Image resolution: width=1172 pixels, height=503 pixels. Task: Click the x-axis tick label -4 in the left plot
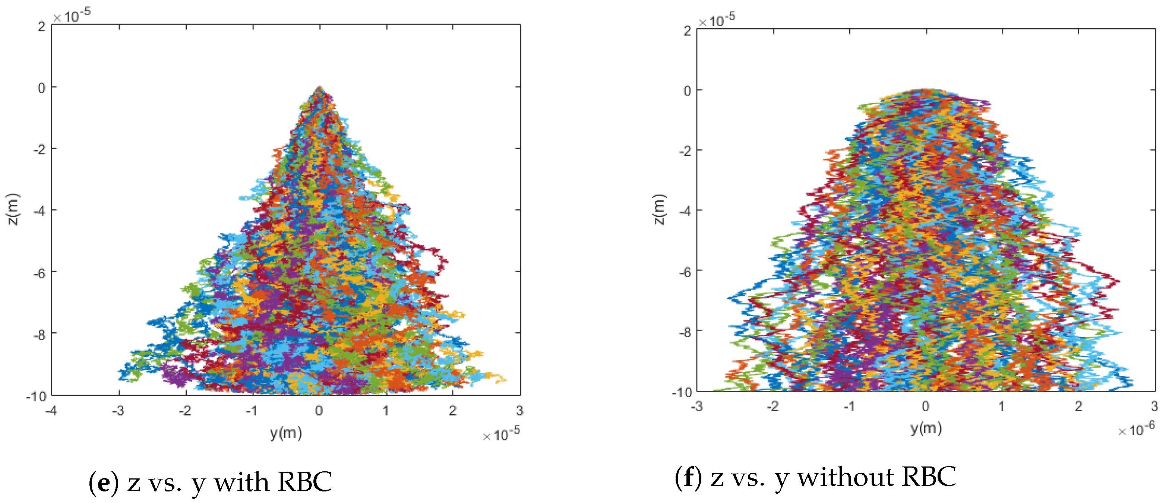pos(51,411)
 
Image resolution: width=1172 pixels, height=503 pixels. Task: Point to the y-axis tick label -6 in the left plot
pos(39,273)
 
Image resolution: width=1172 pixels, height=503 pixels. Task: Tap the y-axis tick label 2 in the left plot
pos(41,26)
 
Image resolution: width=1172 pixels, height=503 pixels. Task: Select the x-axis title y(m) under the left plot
pos(286,433)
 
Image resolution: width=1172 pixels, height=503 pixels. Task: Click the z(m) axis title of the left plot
pos(13,209)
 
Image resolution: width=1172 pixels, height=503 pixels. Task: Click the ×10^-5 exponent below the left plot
pos(501,434)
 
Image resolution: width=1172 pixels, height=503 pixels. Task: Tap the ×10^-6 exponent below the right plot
pos(1137,429)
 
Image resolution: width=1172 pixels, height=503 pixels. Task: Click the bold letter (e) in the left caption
pos(104,482)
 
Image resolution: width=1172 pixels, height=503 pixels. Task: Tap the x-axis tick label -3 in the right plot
pos(696,406)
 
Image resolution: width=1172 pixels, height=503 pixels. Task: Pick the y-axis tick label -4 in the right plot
pos(685,211)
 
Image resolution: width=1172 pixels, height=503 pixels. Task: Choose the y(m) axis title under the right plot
pos(926,428)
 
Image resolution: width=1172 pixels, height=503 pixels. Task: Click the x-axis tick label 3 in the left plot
pos(519,411)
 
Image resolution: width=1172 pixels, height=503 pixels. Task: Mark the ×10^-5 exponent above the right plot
pos(717,20)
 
